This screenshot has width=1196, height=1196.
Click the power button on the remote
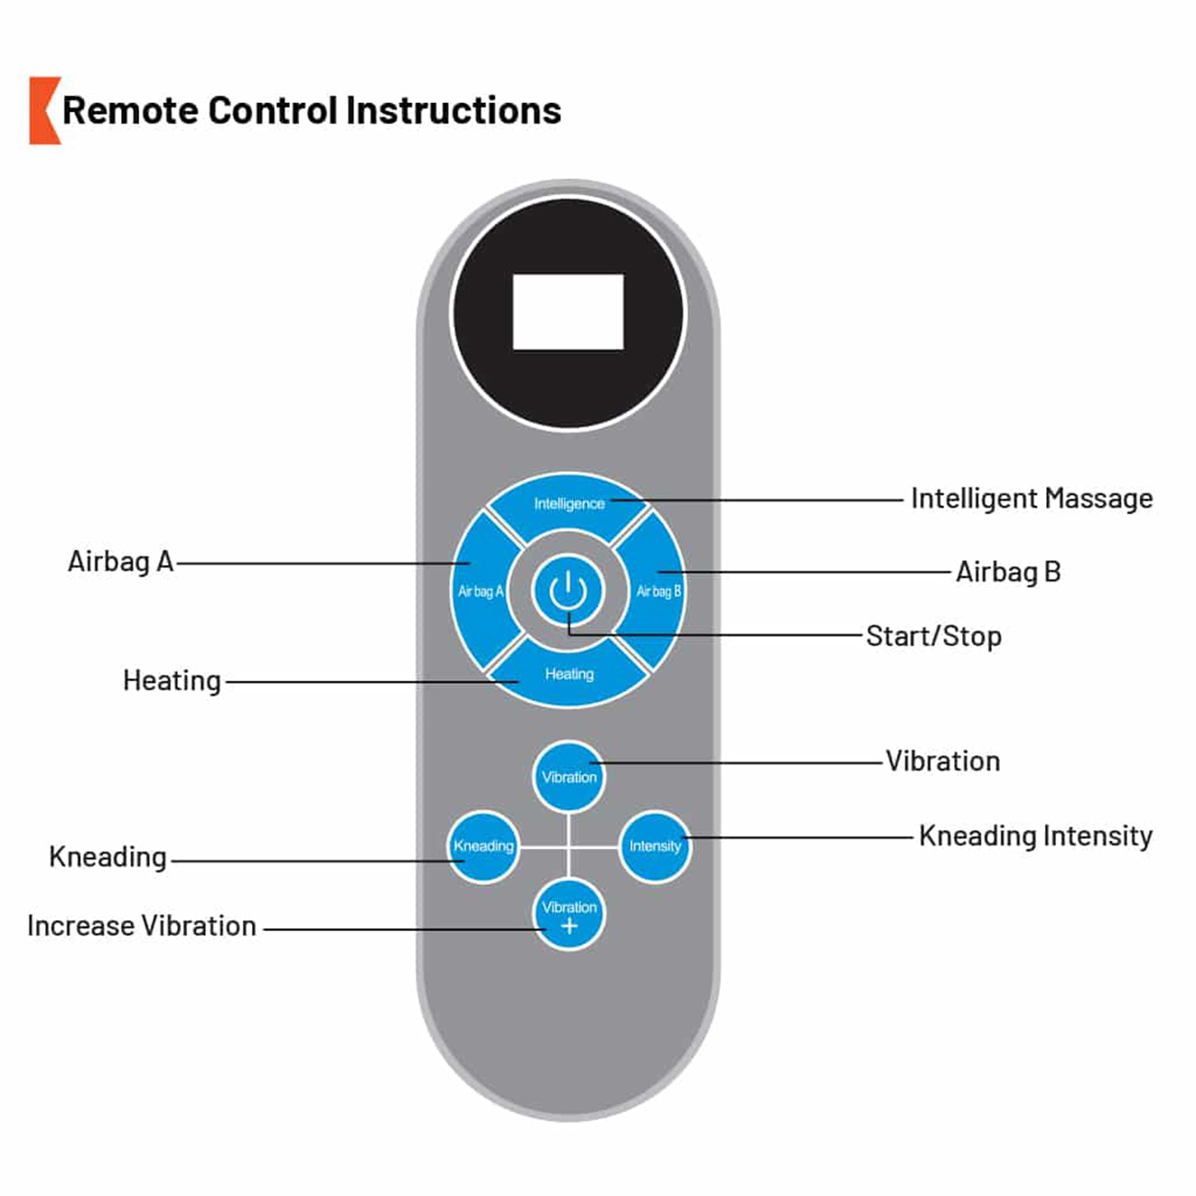click(x=569, y=591)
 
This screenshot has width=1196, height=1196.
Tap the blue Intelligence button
click(x=569, y=504)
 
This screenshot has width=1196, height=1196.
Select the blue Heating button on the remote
click(x=569, y=674)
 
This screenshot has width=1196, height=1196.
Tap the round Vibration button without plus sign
click(x=569, y=777)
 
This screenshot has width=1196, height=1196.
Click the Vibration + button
click(x=569, y=915)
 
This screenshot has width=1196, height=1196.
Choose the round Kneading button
click(x=483, y=846)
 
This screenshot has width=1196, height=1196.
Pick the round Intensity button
click(x=655, y=846)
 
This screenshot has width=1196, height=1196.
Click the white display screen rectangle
click(x=568, y=312)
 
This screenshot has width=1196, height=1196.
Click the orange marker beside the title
click(x=43, y=110)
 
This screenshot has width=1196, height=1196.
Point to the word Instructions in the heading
click(x=454, y=110)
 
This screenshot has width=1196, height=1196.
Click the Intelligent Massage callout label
click(x=1031, y=499)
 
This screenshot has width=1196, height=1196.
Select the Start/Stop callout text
click(x=934, y=636)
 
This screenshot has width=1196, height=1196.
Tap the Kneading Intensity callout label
click(x=1035, y=835)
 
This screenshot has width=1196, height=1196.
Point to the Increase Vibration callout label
click(x=142, y=926)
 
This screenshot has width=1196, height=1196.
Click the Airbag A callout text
click(x=121, y=561)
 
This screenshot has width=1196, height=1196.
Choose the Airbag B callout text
click(x=1008, y=572)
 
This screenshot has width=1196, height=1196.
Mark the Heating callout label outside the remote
click(x=172, y=681)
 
